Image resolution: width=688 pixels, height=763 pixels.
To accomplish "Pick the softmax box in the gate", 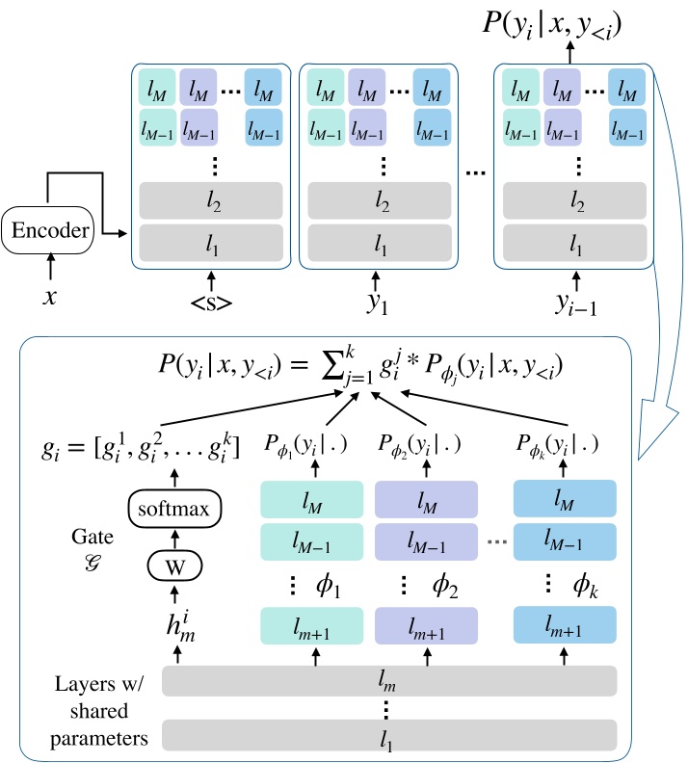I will click(175, 505).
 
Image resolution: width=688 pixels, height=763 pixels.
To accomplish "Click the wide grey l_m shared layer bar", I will click(388, 682).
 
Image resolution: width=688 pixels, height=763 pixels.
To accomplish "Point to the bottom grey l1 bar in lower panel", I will click(388, 734).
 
